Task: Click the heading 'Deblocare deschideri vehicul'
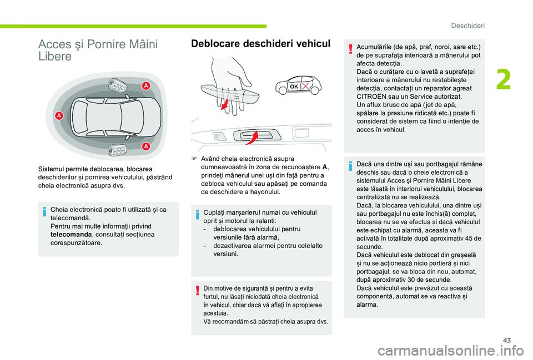point(261,44)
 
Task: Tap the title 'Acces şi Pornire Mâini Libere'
point(98,50)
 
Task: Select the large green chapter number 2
point(504,80)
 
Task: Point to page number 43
point(507,340)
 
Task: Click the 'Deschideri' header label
point(467,26)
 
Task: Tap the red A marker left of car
point(59,116)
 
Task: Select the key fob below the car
point(117,149)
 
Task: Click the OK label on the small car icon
point(294,87)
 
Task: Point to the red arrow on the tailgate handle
point(252,138)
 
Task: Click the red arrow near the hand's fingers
point(224,103)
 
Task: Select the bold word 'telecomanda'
point(71,235)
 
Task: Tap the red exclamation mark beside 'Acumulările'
point(350,49)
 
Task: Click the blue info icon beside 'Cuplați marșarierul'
point(197,215)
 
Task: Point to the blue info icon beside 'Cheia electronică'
point(44,212)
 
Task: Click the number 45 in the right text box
point(467,239)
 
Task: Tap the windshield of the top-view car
point(131,116)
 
